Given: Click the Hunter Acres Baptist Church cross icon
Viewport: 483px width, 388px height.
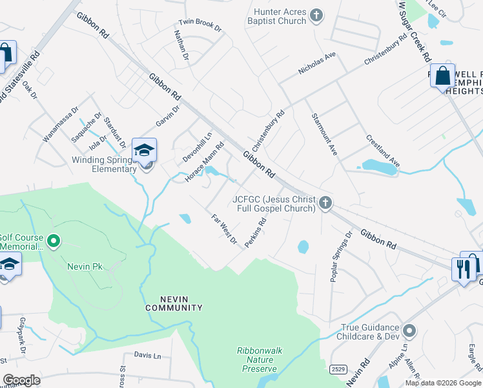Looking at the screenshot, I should (x=316, y=15).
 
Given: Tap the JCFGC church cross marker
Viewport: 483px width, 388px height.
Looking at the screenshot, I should (x=325, y=203).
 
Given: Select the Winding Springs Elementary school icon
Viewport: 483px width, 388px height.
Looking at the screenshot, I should (x=144, y=151).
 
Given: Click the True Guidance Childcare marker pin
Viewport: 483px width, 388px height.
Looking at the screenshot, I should (x=408, y=331).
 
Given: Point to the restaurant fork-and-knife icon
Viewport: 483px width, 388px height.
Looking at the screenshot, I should (x=463, y=268).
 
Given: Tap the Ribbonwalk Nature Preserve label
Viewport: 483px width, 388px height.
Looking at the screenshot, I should (x=259, y=359).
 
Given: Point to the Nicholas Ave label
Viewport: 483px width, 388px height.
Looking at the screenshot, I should (x=317, y=64).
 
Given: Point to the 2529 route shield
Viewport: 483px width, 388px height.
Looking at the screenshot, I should (x=337, y=369).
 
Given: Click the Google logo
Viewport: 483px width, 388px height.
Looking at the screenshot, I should (x=21, y=380).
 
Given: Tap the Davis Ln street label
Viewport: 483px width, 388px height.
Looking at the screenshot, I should (x=147, y=355).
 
